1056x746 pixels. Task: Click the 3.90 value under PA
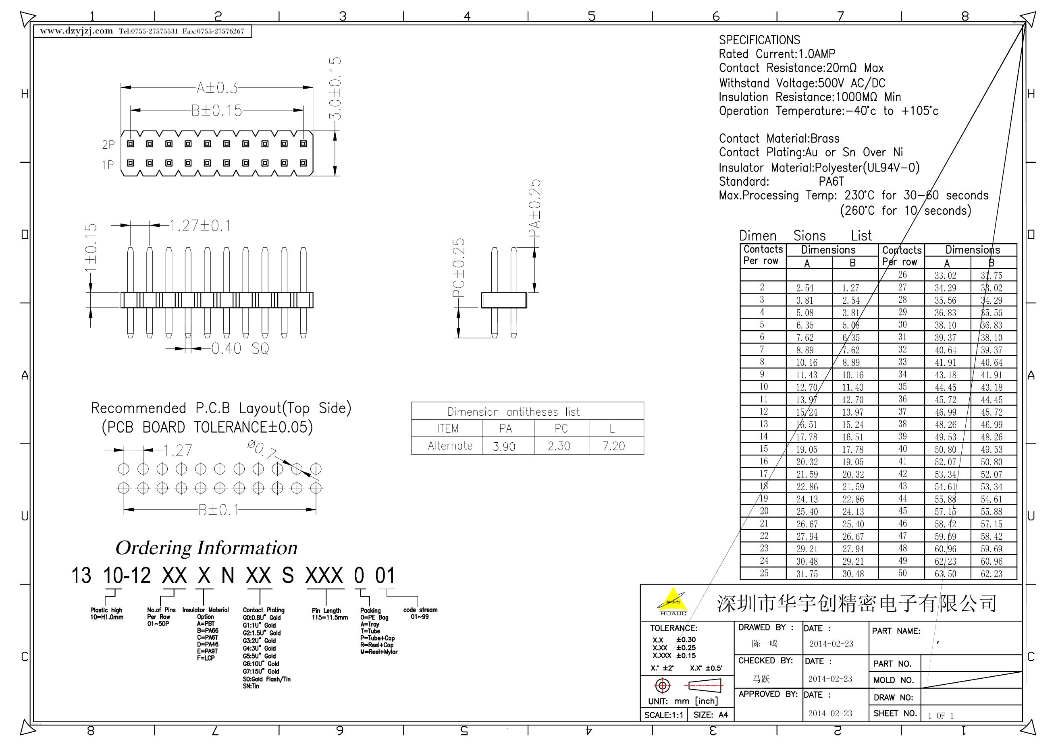(504, 446)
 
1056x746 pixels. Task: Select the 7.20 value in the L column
(613, 446)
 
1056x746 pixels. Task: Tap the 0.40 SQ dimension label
(240, 348)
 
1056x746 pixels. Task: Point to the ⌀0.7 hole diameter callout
(262, 450)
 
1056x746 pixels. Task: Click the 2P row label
(108, 145)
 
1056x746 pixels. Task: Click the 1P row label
(108, 165)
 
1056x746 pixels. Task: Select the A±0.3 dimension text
(217, 87)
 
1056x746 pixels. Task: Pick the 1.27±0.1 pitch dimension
(200, 226)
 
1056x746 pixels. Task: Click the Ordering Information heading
(206, 548)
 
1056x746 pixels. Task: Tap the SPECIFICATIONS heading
(759, 40)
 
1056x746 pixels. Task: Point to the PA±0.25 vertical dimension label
(534, 208)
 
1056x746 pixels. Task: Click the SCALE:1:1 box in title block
(664, 715)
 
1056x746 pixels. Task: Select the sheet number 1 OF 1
(941, 716)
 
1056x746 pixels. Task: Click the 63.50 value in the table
(945, 574)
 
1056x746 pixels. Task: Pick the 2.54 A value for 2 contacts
(805, 288)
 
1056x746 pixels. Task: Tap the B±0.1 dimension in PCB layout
(219, 510)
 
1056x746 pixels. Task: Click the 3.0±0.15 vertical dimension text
(335, 88)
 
